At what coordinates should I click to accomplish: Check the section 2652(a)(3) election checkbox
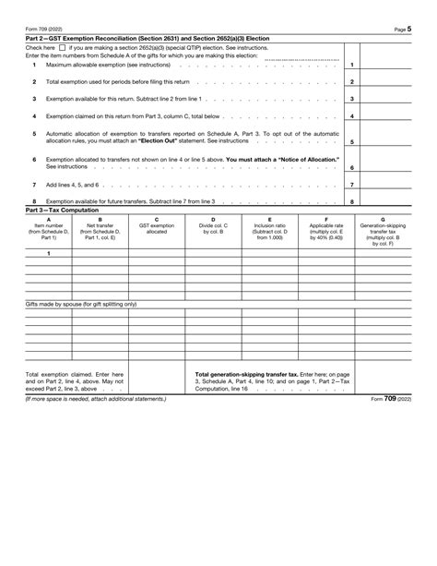click(x=61, y=46)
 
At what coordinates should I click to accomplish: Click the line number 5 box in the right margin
click(x=352, y=141)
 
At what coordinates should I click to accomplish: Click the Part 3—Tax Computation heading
click(x=61, y=209)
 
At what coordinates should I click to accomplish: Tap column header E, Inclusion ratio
click(x=269, y=227)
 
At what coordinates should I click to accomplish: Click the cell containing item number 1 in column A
click(x=48, y=253)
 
